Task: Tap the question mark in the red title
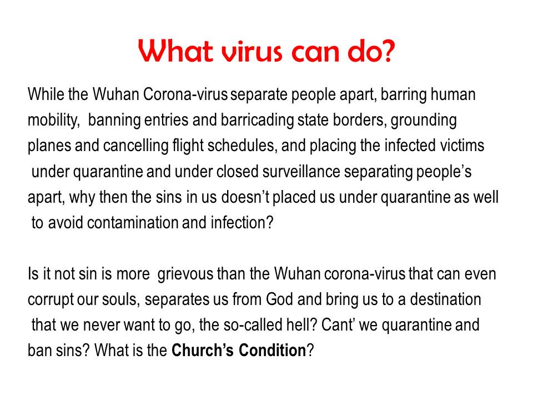pyautogui.click(x=388, y=51)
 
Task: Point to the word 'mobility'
pyautogui.click(x=53, y=121)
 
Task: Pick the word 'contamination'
pyautogui.click(x=133, y=223)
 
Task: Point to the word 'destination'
pyautogui.click(x=445, y=299)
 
